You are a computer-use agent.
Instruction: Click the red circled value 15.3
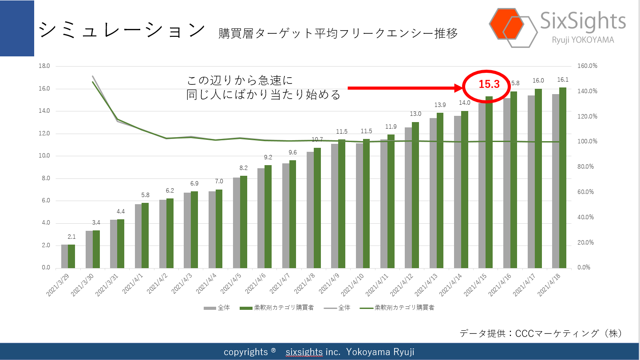[489, 84]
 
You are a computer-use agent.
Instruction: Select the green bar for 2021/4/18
[562, 178]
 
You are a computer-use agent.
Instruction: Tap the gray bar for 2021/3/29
[64, 256]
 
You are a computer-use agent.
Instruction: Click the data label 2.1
[71, 237]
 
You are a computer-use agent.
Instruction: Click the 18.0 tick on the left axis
[44, 66]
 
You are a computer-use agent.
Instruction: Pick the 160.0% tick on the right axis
[587, 66]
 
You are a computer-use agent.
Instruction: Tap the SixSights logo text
[583, 21]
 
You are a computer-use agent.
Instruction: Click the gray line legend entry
[337, 308]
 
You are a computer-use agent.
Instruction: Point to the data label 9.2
[268, 157]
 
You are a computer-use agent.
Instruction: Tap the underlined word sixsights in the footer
[304, 352]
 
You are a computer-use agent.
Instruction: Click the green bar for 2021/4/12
[415, 195]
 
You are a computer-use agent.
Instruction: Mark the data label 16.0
[538, 80]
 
